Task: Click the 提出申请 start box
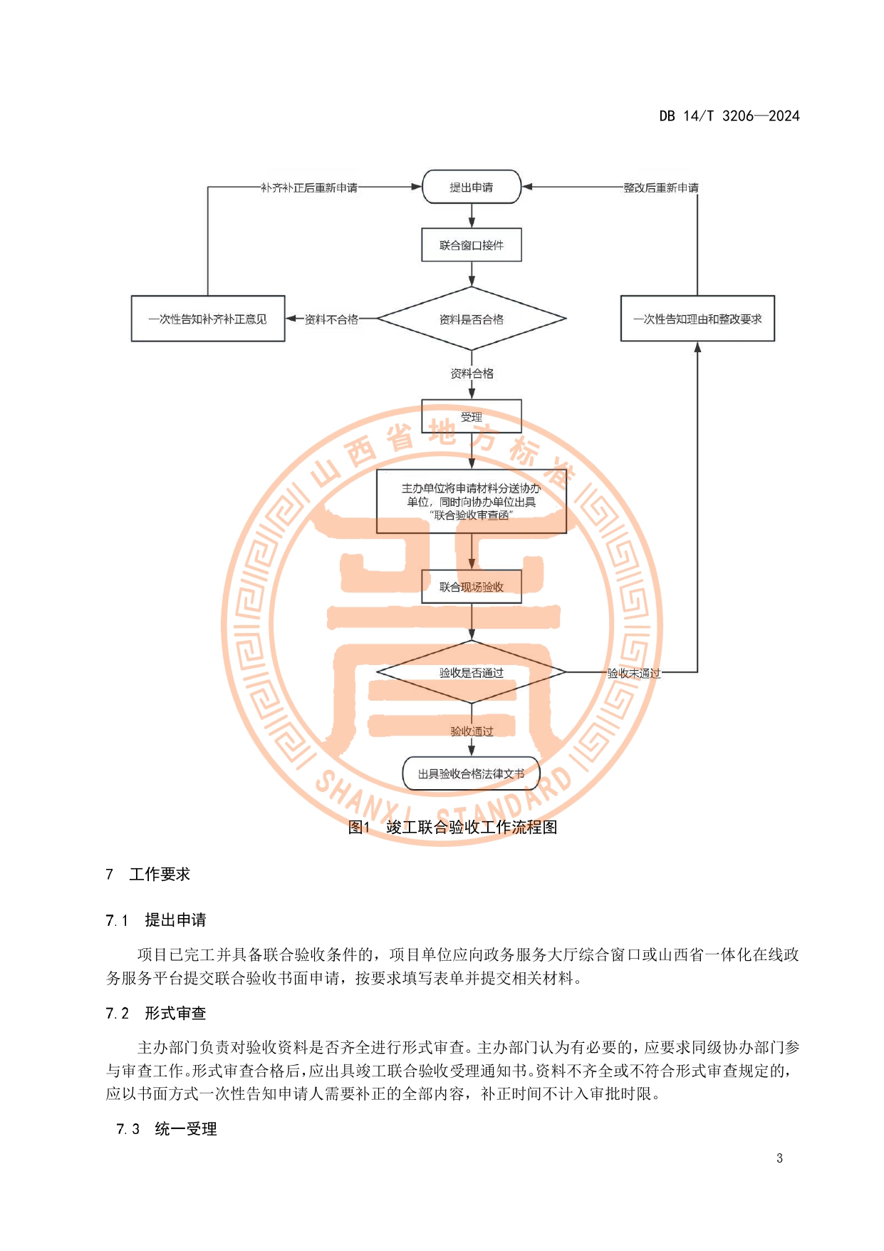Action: pyautogui.click(x=472, y=187)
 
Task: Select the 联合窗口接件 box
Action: pyautogui.click(x=472, y=245)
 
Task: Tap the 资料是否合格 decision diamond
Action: pyautogui.click(x=472, y=319)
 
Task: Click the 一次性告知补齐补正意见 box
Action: pyautogui.click(x=208, y=319)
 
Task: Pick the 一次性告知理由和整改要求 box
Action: pyautogui.click(x=697, y=319)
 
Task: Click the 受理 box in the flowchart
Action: pyautogui.click(x=472, y=417)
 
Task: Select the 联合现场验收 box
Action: pyautogui.click(x=472, y=587)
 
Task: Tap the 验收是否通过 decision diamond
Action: pyautogui.click(x=472, y=672)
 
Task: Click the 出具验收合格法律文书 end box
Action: pyautogui.click(x=472, y=773)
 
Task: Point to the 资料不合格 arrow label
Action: pyautogui.click(x=332, y=319)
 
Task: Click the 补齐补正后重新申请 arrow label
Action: pyautogui.click(x=309, y=187)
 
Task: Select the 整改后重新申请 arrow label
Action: pyautogui.click(x=661, y=187)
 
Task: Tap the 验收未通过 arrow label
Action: pyautogui.click(x=633, y=673)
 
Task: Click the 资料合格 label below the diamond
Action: pyautogui.click(x=472, y=374)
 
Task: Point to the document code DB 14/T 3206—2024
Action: pyautogui.click(x=729, y=116)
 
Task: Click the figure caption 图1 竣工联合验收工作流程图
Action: pyautogui.click(x=452, y=827)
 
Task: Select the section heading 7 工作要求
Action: pyautogui.click(x=148, y=874)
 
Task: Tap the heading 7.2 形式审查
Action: pyautogui.click(x=156, y=1013)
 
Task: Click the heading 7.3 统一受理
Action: pyautogui.click(x=167, y=1128)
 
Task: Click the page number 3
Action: pyautogui.click(x=779, y=1158)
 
